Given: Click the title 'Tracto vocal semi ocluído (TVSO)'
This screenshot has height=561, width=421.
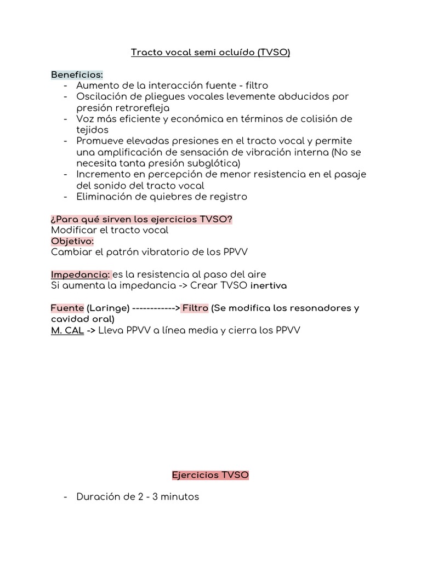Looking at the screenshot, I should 210,53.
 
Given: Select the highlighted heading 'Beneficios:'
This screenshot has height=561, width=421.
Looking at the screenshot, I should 77,74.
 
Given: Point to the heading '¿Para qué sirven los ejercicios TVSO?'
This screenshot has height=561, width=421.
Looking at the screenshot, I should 141,219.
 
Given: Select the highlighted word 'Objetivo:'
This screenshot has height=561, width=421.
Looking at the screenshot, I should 72,241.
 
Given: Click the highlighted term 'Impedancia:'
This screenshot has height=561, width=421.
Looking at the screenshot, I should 81,274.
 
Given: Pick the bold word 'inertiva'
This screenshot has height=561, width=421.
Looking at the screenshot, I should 269,285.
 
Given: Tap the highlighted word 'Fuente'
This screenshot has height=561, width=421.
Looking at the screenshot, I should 67,308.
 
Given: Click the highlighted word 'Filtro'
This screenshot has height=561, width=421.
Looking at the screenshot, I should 195,308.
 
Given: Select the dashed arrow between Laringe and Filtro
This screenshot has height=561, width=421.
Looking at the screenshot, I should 156,308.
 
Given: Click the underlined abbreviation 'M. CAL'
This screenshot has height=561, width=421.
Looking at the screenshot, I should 67,330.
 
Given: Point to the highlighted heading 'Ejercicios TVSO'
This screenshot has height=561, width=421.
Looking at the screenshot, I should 210,475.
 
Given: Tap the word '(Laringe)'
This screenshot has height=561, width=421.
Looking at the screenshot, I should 108,308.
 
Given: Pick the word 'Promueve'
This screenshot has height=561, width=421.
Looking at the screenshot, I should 100,141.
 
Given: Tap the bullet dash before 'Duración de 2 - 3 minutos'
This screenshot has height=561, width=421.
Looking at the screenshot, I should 66,497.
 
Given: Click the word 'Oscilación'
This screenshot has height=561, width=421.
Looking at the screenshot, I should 100,96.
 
